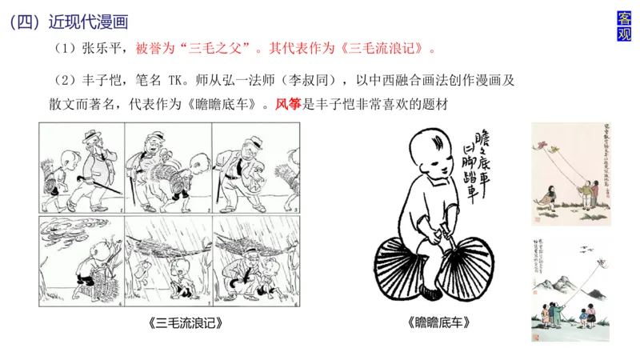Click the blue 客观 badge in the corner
[625, 26]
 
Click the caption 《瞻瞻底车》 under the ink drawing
[438, 324]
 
